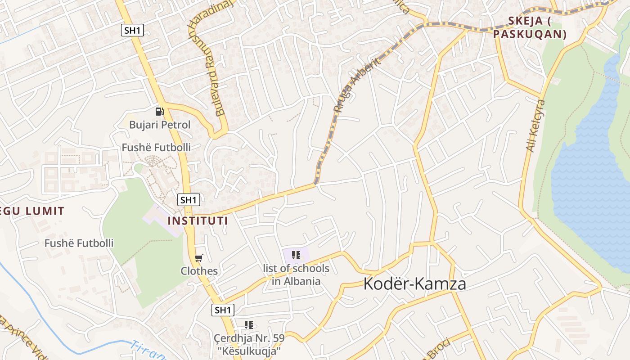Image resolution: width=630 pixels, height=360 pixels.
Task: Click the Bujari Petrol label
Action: coord(160,125)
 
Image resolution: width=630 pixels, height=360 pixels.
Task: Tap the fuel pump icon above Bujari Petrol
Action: coord(159,111)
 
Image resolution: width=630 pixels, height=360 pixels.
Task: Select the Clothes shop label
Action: coord(199,271)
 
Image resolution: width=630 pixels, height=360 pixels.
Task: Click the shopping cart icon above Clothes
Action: coord(198,258)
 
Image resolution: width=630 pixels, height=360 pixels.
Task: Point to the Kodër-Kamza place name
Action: coord(414,284)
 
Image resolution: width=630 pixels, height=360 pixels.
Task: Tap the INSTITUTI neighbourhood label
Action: coord(198,221)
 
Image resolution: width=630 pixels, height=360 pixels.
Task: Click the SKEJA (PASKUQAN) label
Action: coord(530,27)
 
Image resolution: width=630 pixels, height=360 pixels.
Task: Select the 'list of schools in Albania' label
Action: coord(296,275)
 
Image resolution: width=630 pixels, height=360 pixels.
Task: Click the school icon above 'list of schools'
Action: coord(296,256)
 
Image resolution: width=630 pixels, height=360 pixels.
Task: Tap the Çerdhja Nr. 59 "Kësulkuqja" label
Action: coord(249,344)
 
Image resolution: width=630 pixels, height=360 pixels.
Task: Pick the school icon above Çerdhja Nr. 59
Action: coord(249,324)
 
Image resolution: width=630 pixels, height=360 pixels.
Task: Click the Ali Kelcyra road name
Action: coord(535,126)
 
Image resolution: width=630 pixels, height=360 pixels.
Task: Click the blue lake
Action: coord(589,171)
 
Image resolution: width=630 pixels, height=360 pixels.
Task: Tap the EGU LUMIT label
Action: coord(31,211)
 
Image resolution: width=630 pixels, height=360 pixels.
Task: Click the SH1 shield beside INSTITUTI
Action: coord(188,200)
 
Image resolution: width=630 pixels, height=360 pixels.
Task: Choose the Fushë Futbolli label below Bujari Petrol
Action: coord(156,148)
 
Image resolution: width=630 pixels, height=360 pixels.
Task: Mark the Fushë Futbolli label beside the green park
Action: coord(79,243)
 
